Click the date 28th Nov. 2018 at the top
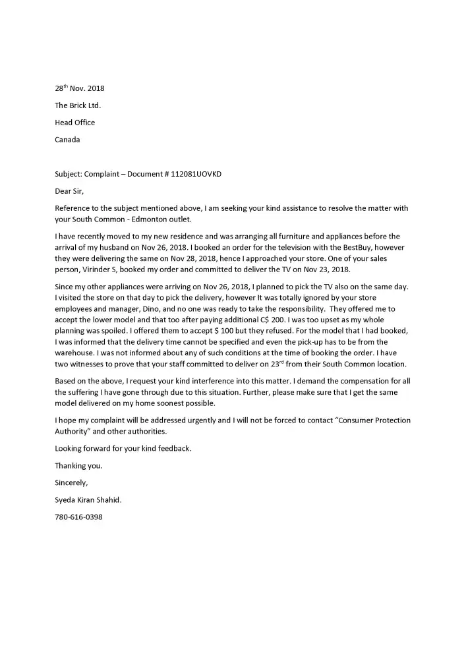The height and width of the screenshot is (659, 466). point(79,88)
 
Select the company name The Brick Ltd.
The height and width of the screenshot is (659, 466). point(78,105)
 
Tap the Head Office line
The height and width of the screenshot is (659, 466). point(74,123)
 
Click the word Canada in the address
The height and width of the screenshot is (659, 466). point(67,140)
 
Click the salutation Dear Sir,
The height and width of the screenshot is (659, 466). point(70,191)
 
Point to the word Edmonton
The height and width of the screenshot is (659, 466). point(152,219)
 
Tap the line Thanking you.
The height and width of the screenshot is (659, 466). point(78,466)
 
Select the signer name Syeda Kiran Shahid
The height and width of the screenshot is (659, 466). point(88,500)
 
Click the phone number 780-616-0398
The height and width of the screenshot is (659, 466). point(78,517)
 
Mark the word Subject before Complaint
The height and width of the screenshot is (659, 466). point(69,174)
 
